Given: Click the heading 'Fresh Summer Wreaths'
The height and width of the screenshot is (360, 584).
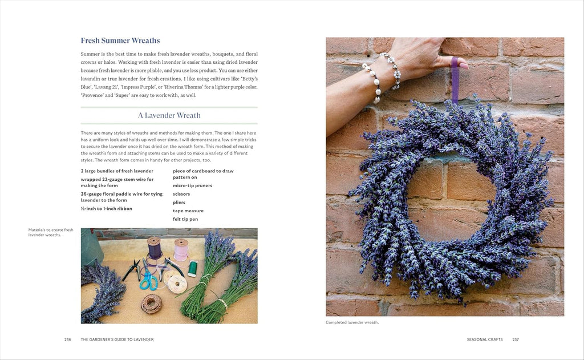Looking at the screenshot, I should point(120,41).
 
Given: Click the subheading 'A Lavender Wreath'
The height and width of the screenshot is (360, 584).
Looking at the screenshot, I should point(169,115).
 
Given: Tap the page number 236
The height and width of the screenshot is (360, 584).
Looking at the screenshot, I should point(67,339).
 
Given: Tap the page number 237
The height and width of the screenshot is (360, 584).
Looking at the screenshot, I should point(516,339).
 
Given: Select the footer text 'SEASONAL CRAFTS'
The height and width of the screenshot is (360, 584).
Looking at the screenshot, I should point(484,339).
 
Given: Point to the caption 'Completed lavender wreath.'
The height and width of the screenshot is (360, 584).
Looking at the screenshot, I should point(352,322).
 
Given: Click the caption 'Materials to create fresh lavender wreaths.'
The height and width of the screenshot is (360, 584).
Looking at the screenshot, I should point(51,232).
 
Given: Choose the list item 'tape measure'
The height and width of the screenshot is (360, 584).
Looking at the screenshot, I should point(188,211).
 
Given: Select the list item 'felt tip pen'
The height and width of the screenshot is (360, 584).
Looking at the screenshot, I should point(185,219).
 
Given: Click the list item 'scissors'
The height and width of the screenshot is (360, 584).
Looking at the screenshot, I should point(181,194).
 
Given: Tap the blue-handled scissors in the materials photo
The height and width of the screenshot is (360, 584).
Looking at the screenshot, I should point(149,280).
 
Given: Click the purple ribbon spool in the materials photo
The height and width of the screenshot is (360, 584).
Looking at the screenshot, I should point(155,248).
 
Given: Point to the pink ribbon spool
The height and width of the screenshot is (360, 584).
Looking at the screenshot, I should point(181,250).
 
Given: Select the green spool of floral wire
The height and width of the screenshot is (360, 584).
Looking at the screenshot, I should point(193,268).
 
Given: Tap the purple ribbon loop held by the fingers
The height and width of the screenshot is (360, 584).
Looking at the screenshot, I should point(455,77).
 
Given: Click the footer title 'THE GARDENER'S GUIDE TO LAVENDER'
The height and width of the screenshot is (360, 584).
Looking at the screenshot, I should point(117,339).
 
